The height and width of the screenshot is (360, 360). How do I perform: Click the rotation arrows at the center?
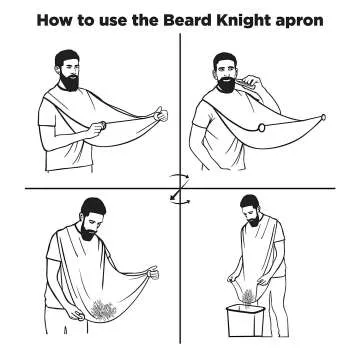180,189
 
